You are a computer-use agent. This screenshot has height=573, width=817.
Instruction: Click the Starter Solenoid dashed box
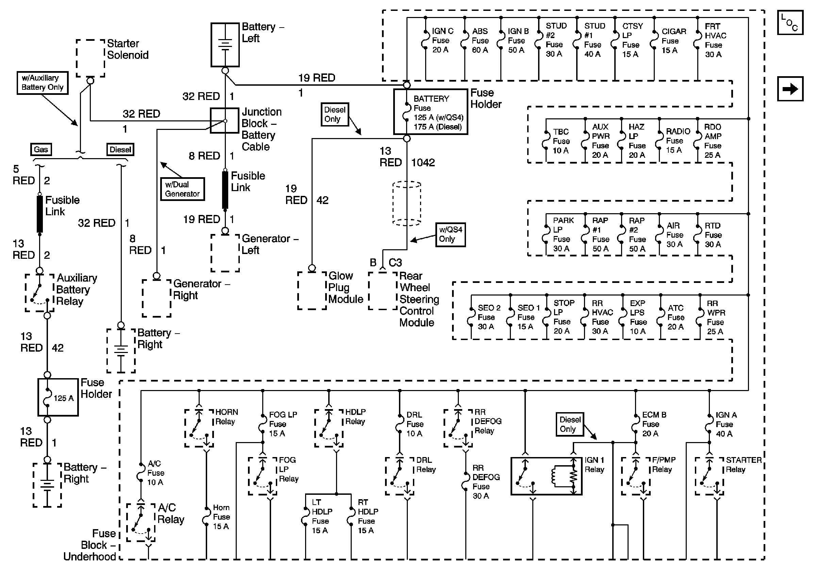(90, 58)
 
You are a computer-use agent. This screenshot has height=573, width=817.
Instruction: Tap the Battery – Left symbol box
(225, 45)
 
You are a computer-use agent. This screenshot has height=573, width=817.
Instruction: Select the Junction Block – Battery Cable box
(224, 120)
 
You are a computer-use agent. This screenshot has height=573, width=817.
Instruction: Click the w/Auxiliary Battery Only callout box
(42, 83)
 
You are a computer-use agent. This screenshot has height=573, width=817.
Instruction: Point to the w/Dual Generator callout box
(182, 189)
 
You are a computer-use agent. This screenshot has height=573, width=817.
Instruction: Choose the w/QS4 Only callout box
(450, 234)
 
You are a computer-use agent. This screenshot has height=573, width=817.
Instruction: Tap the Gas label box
(41, 149)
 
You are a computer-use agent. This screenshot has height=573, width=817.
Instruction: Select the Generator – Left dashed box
(225, 253)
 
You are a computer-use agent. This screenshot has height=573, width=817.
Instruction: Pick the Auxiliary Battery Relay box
(39, 293)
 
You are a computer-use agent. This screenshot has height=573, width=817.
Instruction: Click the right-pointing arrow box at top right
(790, 89)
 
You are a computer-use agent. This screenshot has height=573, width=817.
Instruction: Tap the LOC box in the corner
(790, 22)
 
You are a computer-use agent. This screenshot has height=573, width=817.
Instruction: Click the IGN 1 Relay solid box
(546, 476)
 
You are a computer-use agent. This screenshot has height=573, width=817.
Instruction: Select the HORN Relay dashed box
(199, 428)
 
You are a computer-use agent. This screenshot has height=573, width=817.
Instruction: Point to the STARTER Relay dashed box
(710, 476)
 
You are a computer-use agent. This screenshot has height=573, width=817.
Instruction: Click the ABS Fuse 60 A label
(480, 40)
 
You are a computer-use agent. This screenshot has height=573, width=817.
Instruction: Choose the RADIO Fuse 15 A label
(678, 140)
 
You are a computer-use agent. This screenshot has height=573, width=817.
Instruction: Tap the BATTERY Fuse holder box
(431, 112)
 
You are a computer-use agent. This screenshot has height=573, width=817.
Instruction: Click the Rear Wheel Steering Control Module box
(383, 291)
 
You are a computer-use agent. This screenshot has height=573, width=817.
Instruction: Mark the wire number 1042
(423, 163)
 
